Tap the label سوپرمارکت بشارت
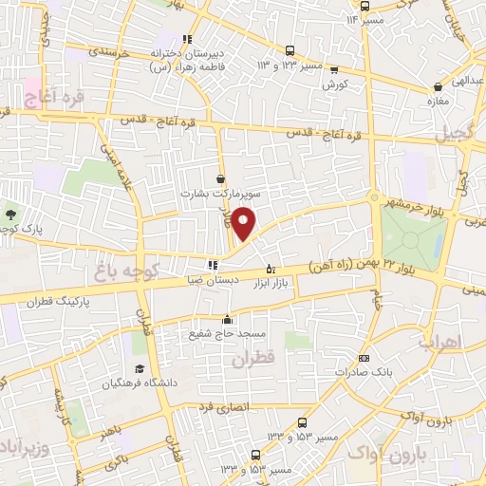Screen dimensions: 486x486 tap(221, 193)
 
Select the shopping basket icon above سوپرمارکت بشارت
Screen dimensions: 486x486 tap(221, 178)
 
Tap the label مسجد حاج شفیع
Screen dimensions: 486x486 tap(229, 335)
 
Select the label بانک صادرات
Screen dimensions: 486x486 tap(364, 373)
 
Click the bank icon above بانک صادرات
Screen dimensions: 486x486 tap(364, 359)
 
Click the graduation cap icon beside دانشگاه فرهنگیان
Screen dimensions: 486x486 tap(140, 368)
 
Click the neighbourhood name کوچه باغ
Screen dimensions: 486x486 tap(116, 273)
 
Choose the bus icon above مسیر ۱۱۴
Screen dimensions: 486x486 tap(365, 6)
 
